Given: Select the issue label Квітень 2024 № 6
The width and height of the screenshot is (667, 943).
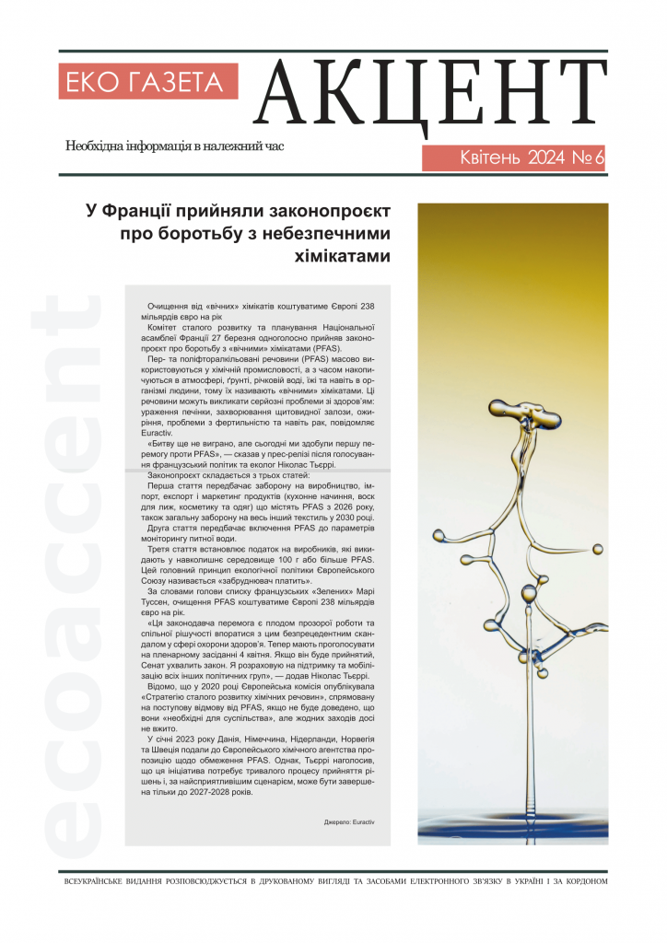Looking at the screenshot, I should click(x=514, y=157).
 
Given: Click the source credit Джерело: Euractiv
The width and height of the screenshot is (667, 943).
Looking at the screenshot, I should click(x=350, y=820).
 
